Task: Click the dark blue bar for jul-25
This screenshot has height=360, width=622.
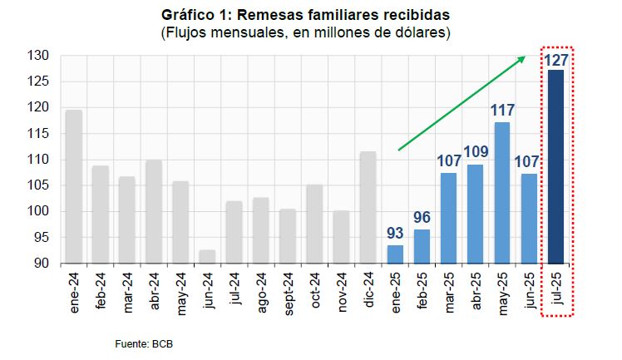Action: (555, 166)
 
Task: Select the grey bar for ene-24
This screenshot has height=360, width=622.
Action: (73, 186)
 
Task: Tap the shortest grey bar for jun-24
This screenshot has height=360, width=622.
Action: (207, 256)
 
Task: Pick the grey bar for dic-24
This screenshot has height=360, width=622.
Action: (368, 207)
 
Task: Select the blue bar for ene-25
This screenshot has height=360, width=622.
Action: (394, 254)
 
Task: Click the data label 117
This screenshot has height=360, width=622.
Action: (501, 111)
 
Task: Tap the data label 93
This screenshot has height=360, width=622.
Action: (394, 234)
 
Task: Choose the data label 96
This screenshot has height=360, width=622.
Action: (422, 218)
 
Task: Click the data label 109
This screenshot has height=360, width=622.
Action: (475, 152)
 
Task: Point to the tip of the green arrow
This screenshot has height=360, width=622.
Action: (526, 57)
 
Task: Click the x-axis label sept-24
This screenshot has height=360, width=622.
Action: (287, 293)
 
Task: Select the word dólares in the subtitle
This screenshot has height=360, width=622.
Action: (417, 33)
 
